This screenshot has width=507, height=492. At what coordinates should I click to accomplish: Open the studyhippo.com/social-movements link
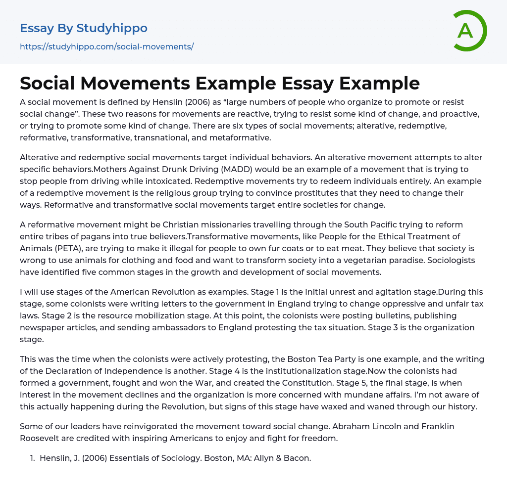point(106,47)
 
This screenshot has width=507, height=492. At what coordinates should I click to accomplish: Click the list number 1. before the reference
point(33,458)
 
